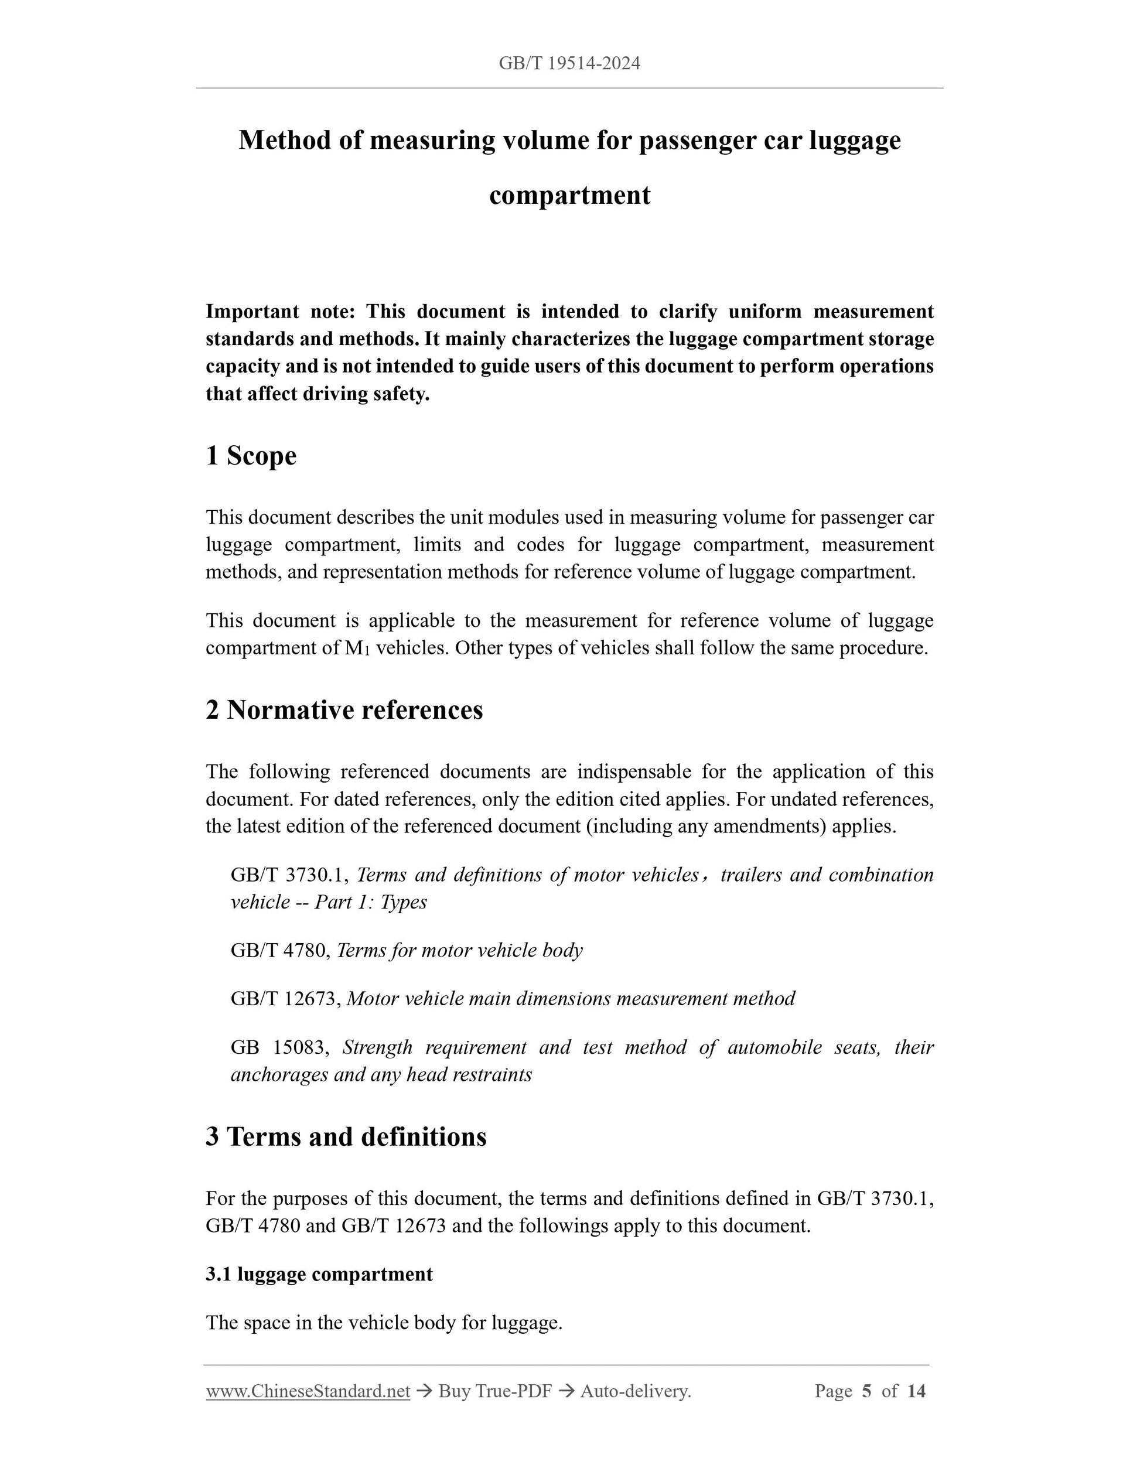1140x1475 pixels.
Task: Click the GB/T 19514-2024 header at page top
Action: (x=569, y=63)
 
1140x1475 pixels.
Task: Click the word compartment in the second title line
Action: (x=569, y=196)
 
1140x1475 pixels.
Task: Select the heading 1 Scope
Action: (x=251, y=456)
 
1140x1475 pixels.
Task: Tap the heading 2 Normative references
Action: (x=344, y=711)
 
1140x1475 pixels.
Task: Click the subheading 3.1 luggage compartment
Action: (x=319, y=1275)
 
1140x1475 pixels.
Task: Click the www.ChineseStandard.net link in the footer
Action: (x=308, y=1391)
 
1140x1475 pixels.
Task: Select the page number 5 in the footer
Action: (x=867, y=1391)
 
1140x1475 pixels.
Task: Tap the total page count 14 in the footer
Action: (x=916, y=1391)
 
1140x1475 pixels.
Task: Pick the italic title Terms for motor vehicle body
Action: (x=459, y=951)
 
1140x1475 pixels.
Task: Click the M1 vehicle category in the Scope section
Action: (x=357, y=649)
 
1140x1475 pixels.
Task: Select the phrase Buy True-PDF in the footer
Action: (x=495, y=1391)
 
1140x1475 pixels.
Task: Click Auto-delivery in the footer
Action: (x=635, y=1391)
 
